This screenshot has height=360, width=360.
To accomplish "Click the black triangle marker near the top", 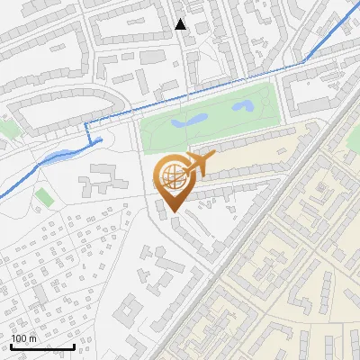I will (181, 23).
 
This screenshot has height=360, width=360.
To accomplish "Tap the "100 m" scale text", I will (23, 338).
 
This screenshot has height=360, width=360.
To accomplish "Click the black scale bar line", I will (42, 346).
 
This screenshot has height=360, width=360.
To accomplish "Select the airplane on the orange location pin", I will (197, 164).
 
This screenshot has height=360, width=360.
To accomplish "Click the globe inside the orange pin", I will (171, 177).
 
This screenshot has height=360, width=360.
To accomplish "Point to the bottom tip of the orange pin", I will (172, 212).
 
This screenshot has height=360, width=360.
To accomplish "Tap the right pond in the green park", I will (241, 106).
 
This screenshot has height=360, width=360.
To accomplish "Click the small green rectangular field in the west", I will (43, 195).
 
